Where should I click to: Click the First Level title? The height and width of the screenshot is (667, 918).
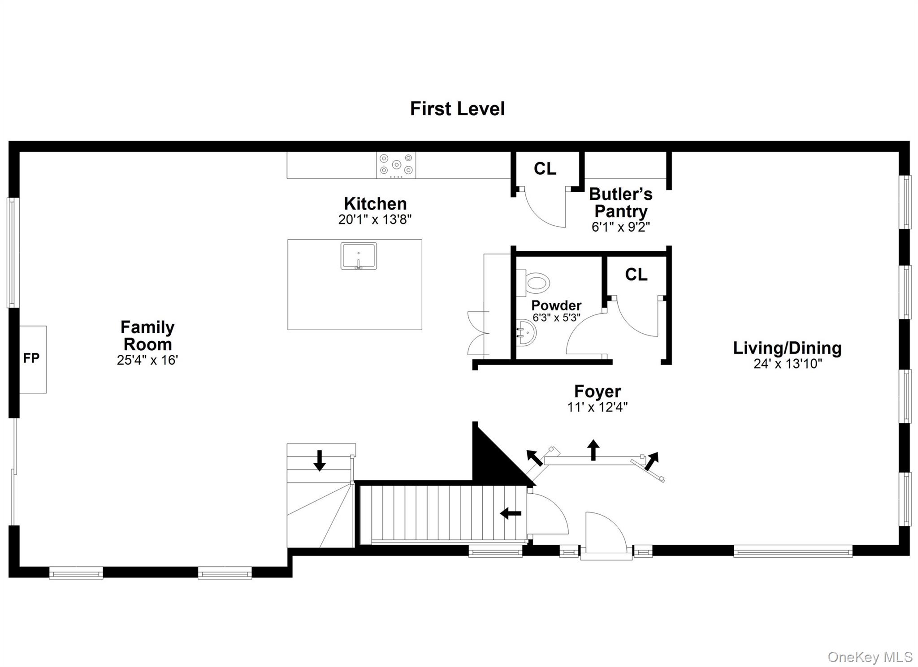pyautogui.click(x=457, y=109)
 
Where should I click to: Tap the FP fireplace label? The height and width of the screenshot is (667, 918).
pyautogui.click(x=31, y=358)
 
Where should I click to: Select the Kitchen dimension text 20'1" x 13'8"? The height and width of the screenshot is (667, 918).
pyautogui.click(x=375, y=219)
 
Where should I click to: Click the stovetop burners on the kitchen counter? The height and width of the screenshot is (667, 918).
pyautogui.click(x=396, y=165)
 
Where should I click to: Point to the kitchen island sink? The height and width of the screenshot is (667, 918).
pyautogui.click(x=359, y=256)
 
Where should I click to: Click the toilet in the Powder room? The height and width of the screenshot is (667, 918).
pyautogui.click(x=535, y=283)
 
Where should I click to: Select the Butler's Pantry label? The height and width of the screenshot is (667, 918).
pyautogui.click(x=620, y=202)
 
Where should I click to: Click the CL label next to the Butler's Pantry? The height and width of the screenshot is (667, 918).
pyautogui.click(x=545, y=169)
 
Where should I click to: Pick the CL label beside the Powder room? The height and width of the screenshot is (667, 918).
pyautogui.click(x=636, y=275)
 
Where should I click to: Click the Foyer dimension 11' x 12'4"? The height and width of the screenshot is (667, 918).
pyautogui.click(x=597, y=407)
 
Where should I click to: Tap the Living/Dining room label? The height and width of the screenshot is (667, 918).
pyautogui.click(x=787, y=348)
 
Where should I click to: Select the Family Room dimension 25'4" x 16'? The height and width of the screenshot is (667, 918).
pyautogui.click(x=147, y=360)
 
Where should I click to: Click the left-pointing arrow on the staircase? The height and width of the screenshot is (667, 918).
pyautogui.click(x=511, y=513)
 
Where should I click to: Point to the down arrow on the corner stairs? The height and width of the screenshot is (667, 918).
pyautogui.click(x=319, y=461)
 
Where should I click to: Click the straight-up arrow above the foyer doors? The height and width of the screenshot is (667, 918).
pyautogui.click(x=593, y=450)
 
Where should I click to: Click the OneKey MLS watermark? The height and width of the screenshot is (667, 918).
pyautogui.click(x=870, y=657)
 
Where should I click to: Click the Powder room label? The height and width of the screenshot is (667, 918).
pyautogui.click(x=556, y=306)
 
